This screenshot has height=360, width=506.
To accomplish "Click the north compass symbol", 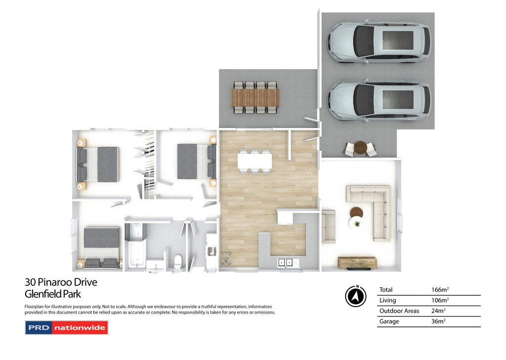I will pyautogui.click(x=355, y=296).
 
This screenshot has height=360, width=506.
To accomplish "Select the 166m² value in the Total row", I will pyautogui.click(x=440, y=290).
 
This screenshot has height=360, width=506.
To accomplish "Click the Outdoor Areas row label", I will pyautogui.click(x=399, y=311).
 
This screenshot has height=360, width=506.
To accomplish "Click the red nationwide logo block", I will pyautogui.click(x=80, y=328).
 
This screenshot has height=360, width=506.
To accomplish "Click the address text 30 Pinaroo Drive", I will pyautogui.click(x=61, y=282).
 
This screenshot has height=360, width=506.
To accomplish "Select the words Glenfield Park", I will pyautogui.click(x=52, y=294).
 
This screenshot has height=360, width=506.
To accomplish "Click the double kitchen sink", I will pyautogui.click(x=285, y=263).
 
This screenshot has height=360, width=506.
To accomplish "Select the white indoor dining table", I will pyautogui.click(x=254, y=161).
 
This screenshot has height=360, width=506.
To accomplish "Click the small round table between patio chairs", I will pyautogui.click(x=361, y=147).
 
